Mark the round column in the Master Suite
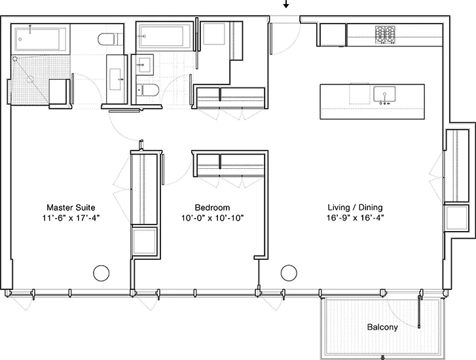click(101, 272)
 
